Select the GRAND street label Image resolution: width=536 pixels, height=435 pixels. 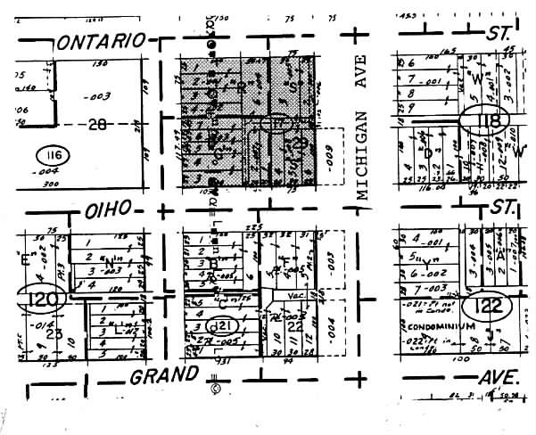(163, 375)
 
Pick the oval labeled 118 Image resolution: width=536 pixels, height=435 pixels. (484, 119)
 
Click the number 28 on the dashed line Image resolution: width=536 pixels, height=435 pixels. (96, 125)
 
